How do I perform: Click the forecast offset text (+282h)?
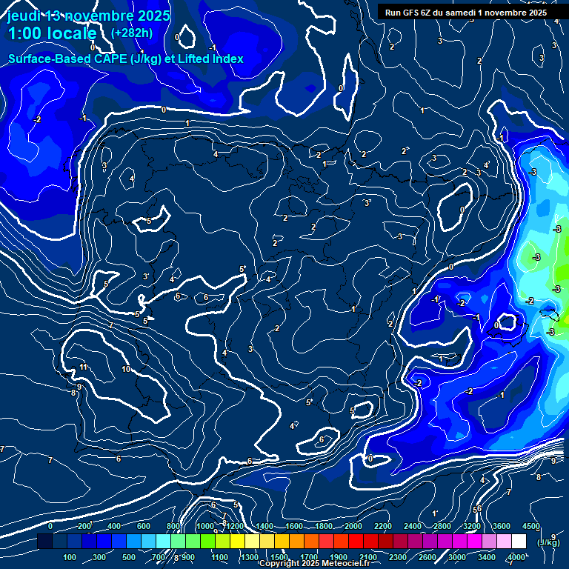pyautogui.click(x=133, y=33)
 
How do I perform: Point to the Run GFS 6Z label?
pyautogui.click(x=417, y=13)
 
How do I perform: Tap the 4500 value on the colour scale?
pyautogui.click(x=530, y=526)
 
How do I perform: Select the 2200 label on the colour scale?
pyautogui.click(x=383, y=526)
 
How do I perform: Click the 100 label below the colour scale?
pyautogui.click(x=70, y=557)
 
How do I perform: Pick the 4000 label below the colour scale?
pyautogui.click(x=516, y=557)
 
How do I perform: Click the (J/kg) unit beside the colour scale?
pyautogui.click(x=548, y=542)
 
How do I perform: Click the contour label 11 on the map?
pyautogui.click(x=84, y=367)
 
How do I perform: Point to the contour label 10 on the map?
pyautogui.click(x=126, y=369)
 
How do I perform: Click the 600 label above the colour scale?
pyautogui.click(x=144, y=526)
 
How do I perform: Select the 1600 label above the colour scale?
pyautogui.click(x=293, y=526)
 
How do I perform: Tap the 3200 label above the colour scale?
pyautogui.click(x=472, y=526)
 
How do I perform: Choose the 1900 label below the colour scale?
pyautogui.click(x=339, y=557)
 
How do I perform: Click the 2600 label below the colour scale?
pyautogui.click(x=427, y=557)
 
